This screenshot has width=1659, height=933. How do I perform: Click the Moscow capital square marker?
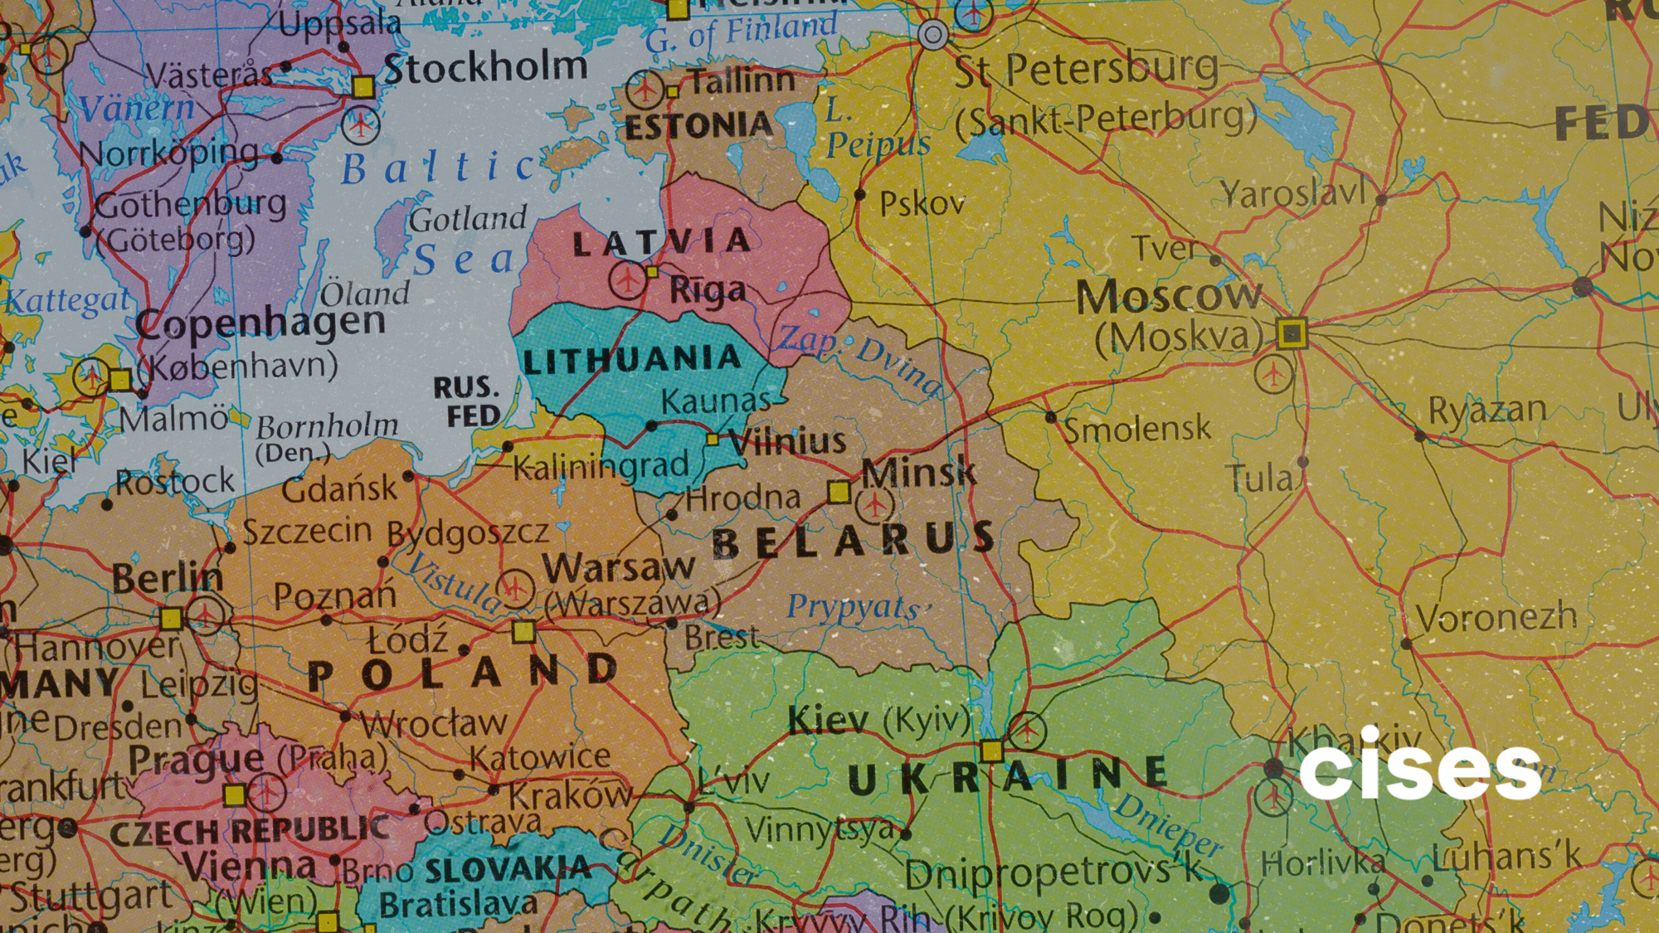coord(1292,333)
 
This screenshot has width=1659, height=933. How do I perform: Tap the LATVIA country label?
coord(662,242)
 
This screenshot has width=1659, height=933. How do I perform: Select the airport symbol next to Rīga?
coord(628,280)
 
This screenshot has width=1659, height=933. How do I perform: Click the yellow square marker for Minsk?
coord(839,493)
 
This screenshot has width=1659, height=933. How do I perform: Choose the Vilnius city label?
coord(787,440)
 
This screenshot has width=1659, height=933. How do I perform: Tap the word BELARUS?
coord(854,541)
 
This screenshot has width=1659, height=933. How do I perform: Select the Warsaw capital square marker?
coord(523,632)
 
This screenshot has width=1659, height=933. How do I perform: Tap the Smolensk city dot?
coord(1051,416)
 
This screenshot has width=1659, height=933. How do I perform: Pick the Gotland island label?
coord(468,220)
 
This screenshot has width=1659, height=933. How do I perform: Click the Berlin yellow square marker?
coord(171,618)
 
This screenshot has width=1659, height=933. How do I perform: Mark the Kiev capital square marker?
coord(991,751)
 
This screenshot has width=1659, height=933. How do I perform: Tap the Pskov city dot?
coord(859,195)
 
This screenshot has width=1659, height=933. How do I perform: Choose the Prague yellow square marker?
coord(235,795)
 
